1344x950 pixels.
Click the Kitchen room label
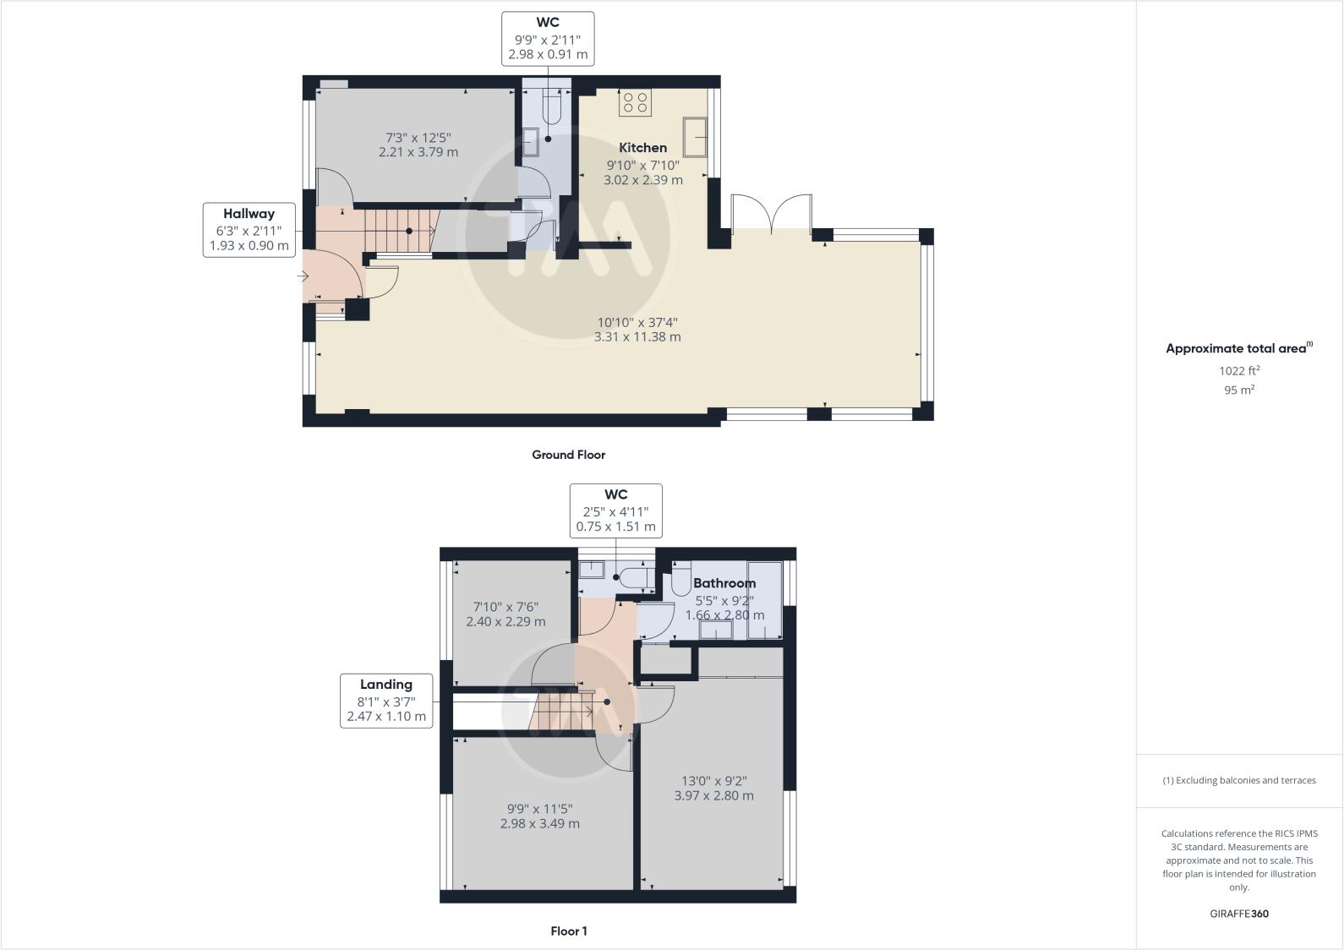(x=642, y=148)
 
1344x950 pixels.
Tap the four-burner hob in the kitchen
(x=635, y=103)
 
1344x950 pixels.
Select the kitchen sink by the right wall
(x=697, y=137)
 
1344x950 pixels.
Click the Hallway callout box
(x=249, y=229)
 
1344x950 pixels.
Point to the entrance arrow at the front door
(x=303, y=276)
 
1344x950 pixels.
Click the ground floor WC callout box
(x=548, y=38)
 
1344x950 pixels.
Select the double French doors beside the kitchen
(x=772, y=213)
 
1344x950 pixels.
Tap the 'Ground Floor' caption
(x=568, y=455)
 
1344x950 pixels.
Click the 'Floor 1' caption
(x=568, y=931)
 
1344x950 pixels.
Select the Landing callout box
(x=386, y=700)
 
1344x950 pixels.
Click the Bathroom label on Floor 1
(x=724, y=583)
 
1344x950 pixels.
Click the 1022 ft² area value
(x=1238, y=370)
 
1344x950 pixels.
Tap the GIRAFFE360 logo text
(x=1238, y=914)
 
